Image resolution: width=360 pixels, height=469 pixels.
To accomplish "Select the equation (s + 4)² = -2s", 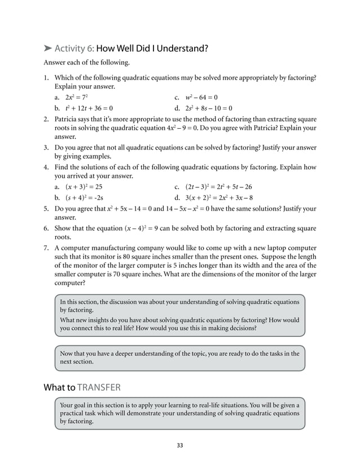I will [x=85, y=198].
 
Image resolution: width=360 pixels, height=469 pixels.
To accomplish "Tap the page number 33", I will [x=179, y=446].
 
